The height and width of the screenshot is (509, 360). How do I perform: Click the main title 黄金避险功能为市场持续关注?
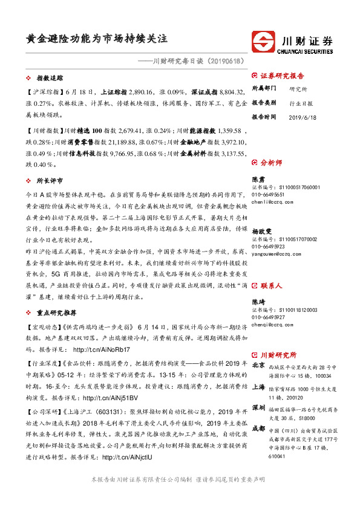(x=96, y=38)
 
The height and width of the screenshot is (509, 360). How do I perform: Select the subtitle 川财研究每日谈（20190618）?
(x=193, y=61)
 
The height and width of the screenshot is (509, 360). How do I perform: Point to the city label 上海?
(x=258, y=388)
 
